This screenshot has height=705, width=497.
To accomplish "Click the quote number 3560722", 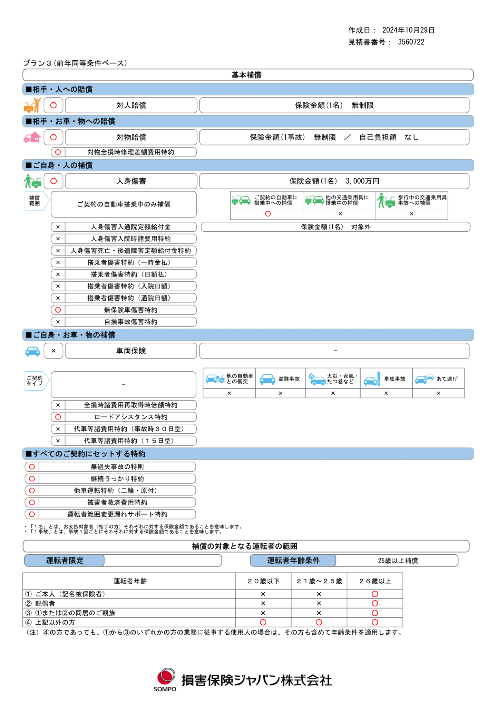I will click(x=411, y=42).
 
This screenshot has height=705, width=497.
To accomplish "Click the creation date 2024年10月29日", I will click(x=408, y=30).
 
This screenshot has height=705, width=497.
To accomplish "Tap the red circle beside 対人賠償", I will click(x=53, y=105).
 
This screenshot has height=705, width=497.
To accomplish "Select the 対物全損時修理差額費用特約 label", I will click(x=130, y=152).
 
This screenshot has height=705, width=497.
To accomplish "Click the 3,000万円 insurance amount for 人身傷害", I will click(x=362, y=181).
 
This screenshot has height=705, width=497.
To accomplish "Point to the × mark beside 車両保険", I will click(x=53, y=351).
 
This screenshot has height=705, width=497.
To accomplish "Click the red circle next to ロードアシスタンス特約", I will click(x=58, y=417).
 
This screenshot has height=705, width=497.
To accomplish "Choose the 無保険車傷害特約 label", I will click(x=130, y=310).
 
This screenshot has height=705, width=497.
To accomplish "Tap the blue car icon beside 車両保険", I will click(x=32, y=351).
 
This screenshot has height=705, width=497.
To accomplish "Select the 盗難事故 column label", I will click(x=289, y=379).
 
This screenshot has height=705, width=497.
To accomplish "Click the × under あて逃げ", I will click(x=438, y=393).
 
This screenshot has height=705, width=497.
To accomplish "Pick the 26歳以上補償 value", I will click(x=398, y=561).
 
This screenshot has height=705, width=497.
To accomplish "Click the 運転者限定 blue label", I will click(x=65, y=561).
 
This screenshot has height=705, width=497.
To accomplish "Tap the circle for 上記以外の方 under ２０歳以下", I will click(x=263, y=622).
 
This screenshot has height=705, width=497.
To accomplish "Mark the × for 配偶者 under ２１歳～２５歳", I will click(x=319, y=603).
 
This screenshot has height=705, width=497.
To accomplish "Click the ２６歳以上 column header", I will click(x=375, y=581).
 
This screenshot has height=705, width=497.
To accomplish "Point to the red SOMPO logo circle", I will click(x=166, y=676).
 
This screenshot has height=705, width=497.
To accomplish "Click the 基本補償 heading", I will click(x=246, y=75).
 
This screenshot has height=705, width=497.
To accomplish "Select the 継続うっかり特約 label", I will click(x=117, y=479).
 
